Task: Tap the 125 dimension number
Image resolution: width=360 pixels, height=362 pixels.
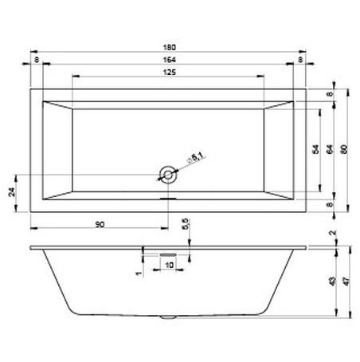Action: point(169,72)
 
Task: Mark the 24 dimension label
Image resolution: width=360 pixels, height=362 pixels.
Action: point(11,191)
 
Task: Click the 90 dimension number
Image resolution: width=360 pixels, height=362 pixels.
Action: point(99,225)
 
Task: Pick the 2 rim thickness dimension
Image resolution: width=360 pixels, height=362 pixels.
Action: point(331,234)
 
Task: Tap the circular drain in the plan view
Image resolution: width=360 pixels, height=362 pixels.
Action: point(167,173)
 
